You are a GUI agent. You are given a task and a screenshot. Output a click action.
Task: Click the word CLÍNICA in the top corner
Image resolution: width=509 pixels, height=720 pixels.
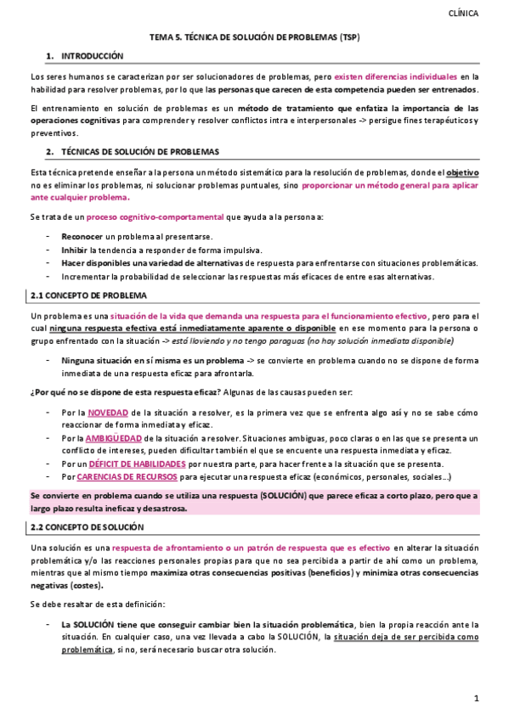(462, 14)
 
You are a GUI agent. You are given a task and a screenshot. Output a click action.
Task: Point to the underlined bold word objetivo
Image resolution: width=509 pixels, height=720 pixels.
(462, 172)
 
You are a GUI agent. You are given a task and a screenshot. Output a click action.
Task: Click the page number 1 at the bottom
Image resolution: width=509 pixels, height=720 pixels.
(477, 698)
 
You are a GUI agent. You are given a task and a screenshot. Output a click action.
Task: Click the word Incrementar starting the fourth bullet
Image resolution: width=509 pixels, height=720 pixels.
(88, 277)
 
